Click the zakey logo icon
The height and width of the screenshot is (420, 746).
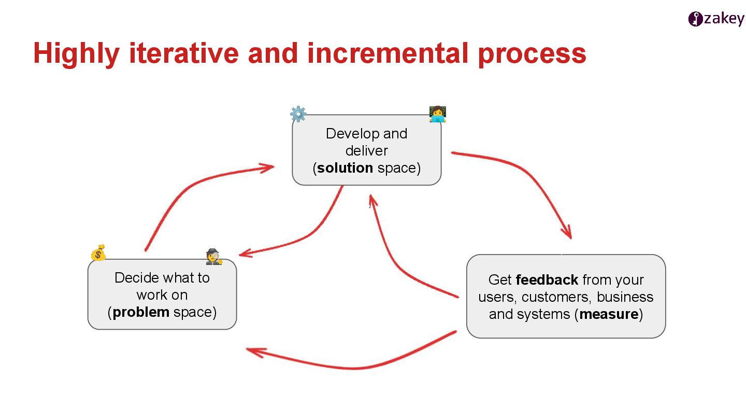695,19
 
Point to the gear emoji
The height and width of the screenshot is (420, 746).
298,114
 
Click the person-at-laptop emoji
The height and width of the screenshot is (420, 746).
438,114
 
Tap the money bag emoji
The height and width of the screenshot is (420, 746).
98,253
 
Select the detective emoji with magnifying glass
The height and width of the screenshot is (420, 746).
213,257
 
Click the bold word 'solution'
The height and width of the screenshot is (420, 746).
345,168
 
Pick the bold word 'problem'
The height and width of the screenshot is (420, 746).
141,312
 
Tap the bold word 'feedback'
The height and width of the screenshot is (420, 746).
547,280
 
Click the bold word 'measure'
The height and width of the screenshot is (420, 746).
609,314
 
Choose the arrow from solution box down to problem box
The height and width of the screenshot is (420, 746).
311,236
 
